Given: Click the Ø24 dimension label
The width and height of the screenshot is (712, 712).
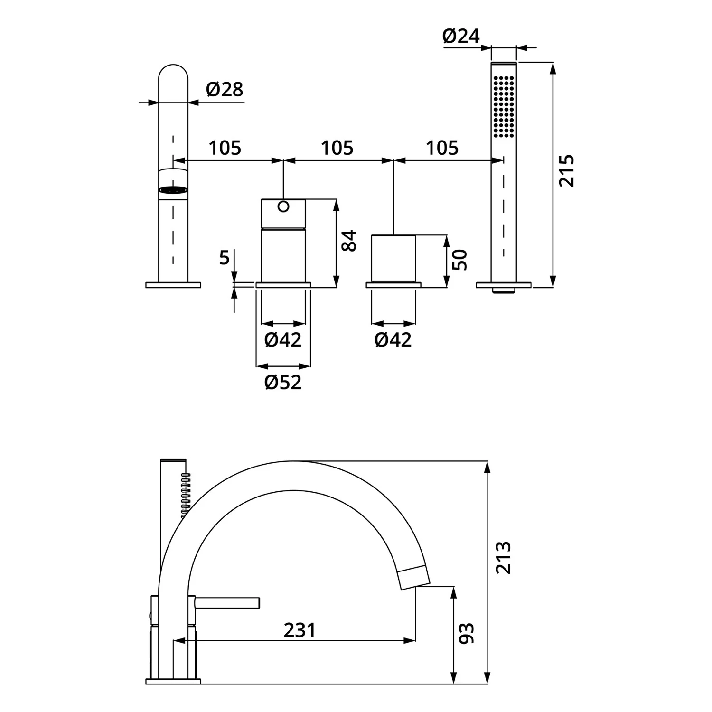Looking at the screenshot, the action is (461, 36).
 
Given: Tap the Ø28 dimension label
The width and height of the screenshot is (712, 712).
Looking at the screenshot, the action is (225, 89).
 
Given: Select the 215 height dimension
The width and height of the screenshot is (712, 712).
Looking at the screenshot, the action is (566, 170).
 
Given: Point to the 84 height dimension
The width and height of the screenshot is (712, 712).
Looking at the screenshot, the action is (349, 241).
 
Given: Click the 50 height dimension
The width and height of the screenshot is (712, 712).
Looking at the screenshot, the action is (459, 260).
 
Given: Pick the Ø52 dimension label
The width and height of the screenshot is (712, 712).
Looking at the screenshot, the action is (283, 382).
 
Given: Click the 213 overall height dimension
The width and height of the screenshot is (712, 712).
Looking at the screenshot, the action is (503, 558).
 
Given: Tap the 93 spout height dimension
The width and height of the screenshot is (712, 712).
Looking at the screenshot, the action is (467, 633).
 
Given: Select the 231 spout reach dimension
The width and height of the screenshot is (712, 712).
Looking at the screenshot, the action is (300, 630).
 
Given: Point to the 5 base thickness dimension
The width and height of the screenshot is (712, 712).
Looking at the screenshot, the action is (224, 258).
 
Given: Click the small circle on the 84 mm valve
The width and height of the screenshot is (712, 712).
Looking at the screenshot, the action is (283, 206).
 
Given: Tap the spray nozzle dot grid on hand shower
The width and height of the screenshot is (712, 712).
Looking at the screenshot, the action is (504, 106).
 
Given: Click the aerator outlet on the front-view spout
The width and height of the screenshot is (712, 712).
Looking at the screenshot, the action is (173, 190).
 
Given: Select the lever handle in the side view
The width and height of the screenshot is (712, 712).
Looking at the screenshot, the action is (227, 603).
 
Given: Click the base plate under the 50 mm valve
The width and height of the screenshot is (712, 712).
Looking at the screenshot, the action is (393, 285).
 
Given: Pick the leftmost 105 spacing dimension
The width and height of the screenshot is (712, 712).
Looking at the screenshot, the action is (225, 148).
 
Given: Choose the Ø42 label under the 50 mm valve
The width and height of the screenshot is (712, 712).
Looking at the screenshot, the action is (393, 340).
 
